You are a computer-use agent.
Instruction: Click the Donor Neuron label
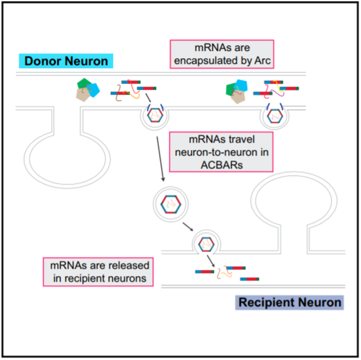tap(66, 61)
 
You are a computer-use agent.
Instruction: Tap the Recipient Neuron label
tap(289, 302)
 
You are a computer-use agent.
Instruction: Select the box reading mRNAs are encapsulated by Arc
tap(222, 54)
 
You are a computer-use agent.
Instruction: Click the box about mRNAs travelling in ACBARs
tap(221, 152)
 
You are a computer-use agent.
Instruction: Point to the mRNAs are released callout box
tap(99, 272)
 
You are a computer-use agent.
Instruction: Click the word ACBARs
tap(222, 165)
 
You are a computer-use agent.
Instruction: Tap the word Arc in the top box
tap(262, 61)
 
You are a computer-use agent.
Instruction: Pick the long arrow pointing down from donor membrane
tap(161, 159)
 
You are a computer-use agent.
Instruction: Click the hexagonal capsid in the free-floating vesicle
tap(171, 204)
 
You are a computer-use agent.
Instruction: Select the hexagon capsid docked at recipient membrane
tap(206, 244)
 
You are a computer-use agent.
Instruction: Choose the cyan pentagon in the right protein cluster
tap(241, 85)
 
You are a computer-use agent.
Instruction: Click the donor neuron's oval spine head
tap(67, 159)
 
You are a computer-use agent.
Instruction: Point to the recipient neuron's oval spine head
tap(294, 200)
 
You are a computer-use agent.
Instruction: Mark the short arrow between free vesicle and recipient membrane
tap(188, 227)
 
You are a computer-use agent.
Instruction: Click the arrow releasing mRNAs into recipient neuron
tap(211, 260)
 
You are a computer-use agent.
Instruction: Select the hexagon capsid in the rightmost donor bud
tap(275, 116)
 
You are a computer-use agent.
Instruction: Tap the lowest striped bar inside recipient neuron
tap(249, 279)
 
